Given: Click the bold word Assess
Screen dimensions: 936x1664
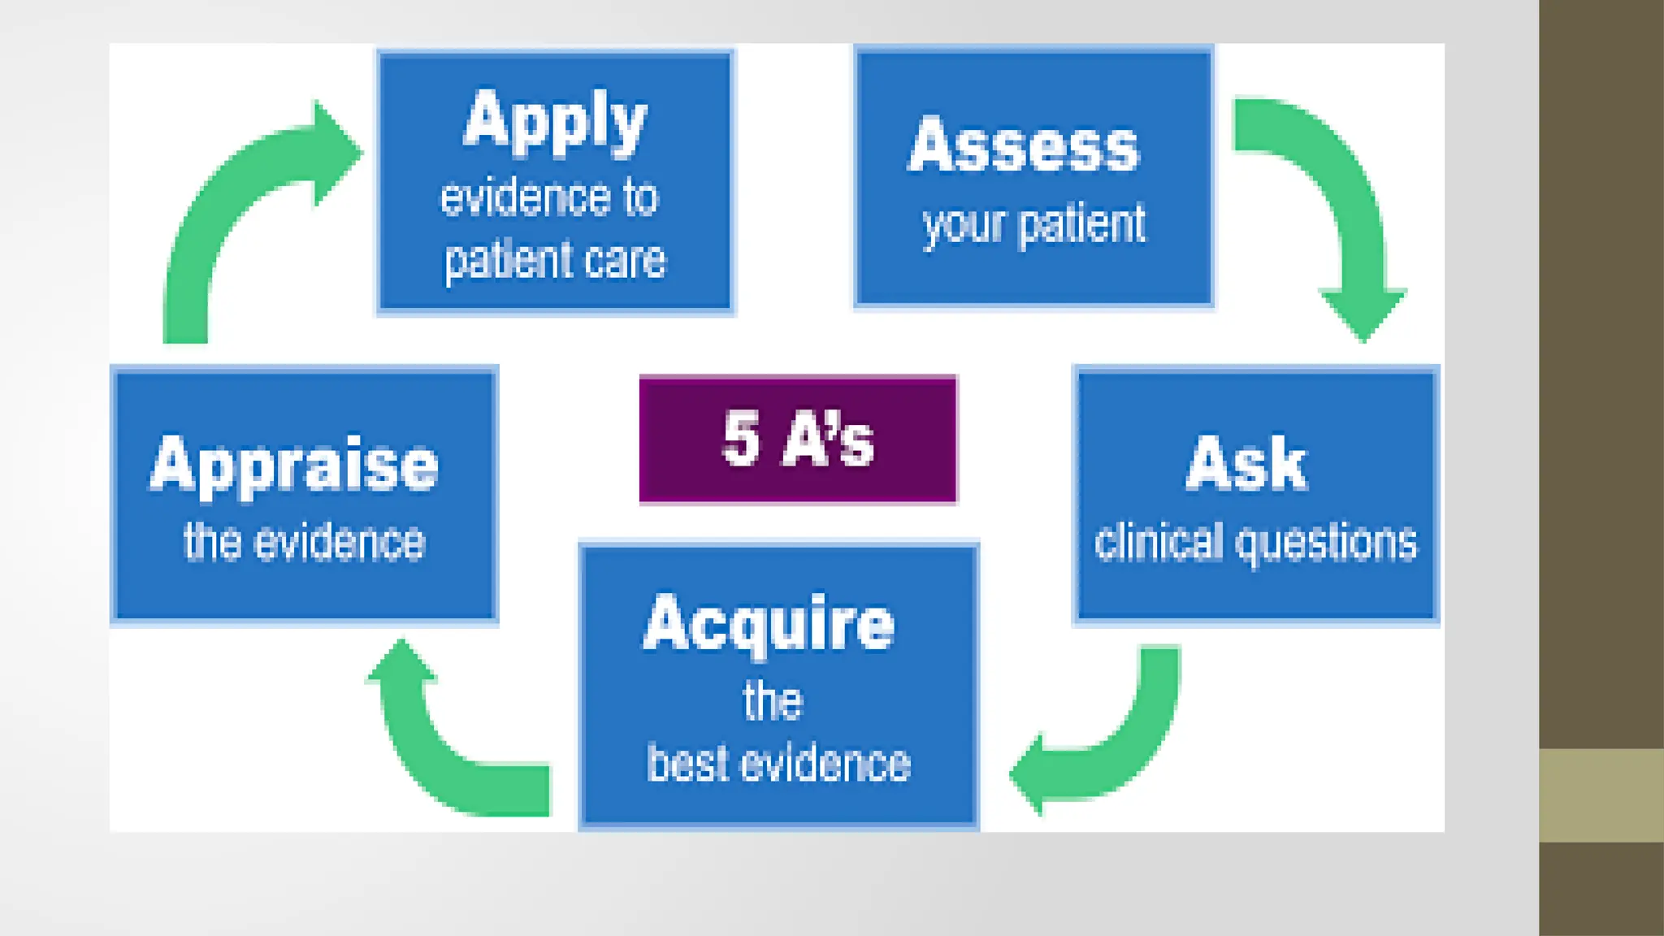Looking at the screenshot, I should coord(1024,146).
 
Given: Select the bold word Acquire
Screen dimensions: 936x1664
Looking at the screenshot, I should coord(769,624).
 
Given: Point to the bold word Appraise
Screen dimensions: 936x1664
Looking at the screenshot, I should coord(294,465).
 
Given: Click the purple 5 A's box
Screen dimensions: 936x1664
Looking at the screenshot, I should coord(798,439).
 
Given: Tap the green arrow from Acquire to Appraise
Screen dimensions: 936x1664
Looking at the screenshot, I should coord(439,747).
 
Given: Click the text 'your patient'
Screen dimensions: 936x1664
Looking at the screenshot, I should coord(1033,224).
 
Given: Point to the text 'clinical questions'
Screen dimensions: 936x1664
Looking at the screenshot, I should coord(1255,543).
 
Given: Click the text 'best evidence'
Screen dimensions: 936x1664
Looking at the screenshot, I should coord(778,764).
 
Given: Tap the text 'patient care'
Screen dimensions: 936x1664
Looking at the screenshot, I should coord(555,261).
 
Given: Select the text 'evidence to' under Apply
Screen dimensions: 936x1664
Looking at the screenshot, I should coord(549,197).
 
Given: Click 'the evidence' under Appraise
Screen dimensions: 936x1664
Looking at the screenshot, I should coord(304,542).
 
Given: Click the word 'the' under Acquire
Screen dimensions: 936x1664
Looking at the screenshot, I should coord(772,701).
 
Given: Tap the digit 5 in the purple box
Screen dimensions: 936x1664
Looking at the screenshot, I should coord(741,439).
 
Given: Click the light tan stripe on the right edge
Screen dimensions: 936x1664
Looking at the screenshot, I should coord(1601,795).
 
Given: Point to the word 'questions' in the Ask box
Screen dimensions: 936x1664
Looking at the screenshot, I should coord(1326,543).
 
